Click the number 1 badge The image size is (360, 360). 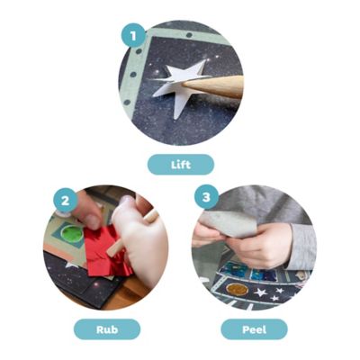(133, 35)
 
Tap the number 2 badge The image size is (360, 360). (65, 200)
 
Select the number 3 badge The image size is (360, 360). (206, 197)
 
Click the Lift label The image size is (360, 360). (181, 165)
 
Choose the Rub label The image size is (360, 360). (107, 329)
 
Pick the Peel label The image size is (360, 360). (254, 329)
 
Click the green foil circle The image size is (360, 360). (72, 234)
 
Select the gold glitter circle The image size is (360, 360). (237, 289)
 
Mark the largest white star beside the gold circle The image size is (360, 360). (260, 292)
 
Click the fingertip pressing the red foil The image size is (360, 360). (93, 221)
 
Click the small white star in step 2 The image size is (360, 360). (71, 265)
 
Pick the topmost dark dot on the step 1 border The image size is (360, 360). (189, 35)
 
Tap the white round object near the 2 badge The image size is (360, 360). (63, 214)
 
